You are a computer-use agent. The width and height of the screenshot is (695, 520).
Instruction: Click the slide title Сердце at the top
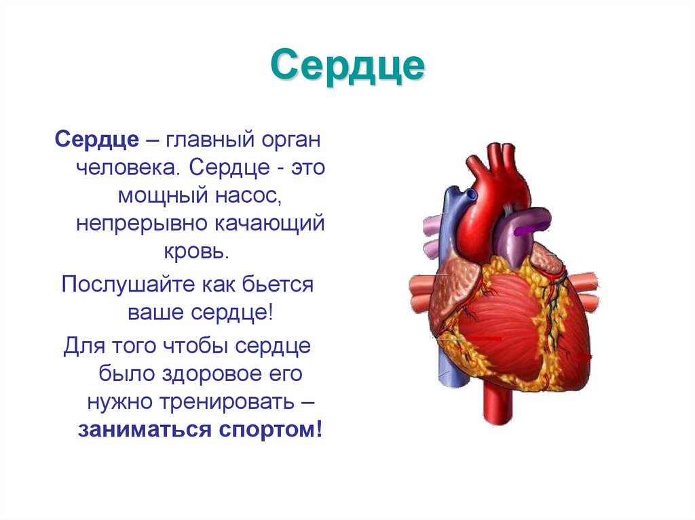pyautogui.click(x=347, y=66)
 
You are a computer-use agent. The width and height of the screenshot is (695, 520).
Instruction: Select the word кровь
pyautogui.click(x=195, y=252)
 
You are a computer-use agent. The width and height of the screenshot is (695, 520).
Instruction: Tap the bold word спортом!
pyautogui.click(x=274, y=430)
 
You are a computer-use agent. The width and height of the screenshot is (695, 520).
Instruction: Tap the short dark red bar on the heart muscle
pyautogui.click(x=486, y=338)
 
